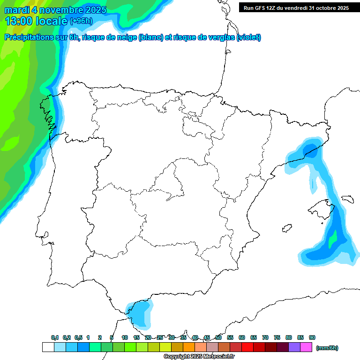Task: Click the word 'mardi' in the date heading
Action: (17, 10)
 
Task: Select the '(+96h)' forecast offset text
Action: (81, 21)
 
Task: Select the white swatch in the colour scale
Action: (48, 347)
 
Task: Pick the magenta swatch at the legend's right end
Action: (306, 347)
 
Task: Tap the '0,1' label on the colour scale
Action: (55, 338)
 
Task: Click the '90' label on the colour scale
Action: (312, 338)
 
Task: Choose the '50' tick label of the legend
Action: (218, 338)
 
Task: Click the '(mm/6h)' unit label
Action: (327, 348)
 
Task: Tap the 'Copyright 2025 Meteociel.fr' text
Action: (199, 357)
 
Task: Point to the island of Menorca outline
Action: (347, 199)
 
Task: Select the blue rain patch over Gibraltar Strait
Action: (141, 311)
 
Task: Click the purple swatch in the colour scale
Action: (294, 347)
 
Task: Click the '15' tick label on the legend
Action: (136, 338)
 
